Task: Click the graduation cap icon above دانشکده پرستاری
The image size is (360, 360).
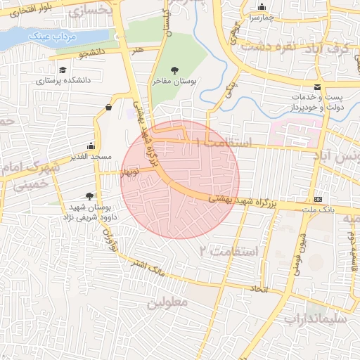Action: point(63,70)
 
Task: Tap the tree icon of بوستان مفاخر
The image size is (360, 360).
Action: point(174,71)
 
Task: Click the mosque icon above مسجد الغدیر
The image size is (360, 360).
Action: point(90,146)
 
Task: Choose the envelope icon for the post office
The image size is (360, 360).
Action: point(318,86)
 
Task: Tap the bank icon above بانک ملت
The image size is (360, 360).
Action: point(318,200)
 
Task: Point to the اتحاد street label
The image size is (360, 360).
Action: point(258,289)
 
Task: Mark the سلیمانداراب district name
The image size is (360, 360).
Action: point(315,319)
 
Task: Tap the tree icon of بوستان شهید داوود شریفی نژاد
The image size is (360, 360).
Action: point(89,196)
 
